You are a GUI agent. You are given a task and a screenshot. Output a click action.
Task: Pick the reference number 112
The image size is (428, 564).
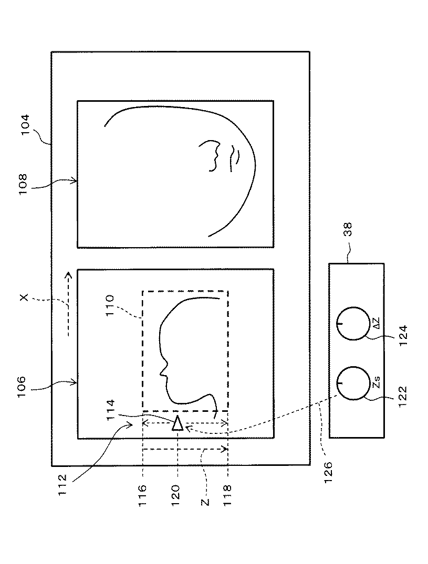point(62,478)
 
